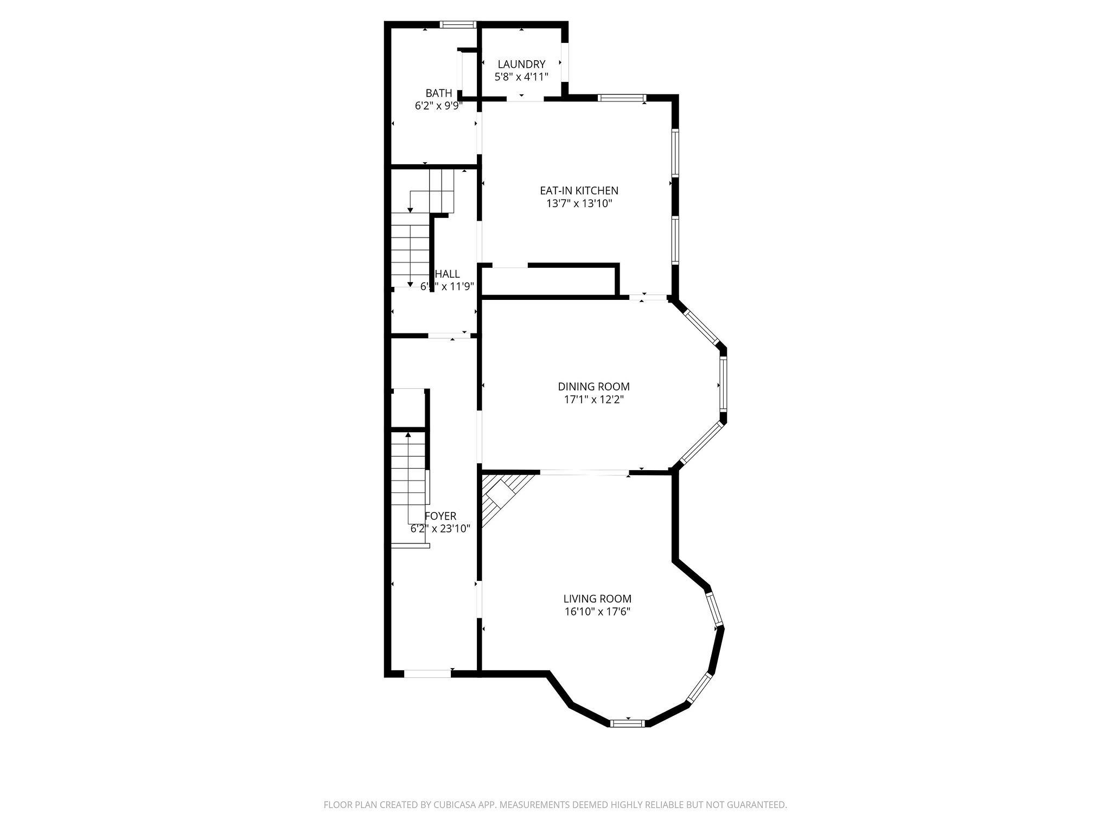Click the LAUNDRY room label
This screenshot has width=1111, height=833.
point(521,64)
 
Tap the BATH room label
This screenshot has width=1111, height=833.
point(438,93)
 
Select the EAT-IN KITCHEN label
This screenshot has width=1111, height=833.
point(579,190)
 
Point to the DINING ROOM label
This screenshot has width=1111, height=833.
point(593,387)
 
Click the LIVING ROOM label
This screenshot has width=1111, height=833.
point(597,599)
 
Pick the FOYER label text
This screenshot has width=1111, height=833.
point(440,516)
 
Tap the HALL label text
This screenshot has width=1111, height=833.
point(447,274)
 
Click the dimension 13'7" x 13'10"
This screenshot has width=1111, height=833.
point(579,204)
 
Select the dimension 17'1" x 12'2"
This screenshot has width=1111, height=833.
point(593,400)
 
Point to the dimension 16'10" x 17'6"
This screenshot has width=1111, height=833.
point(597,612)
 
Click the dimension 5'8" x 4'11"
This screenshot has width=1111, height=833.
point(521,77)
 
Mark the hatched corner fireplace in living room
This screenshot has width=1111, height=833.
point(501,496)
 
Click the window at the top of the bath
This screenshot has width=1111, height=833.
point(457,24)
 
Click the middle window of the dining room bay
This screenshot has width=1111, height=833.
point(723,385)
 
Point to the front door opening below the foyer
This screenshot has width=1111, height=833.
point(427,674)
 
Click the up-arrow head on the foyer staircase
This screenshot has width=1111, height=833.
point(408,434)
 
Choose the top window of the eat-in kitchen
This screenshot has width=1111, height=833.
point(622,98)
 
